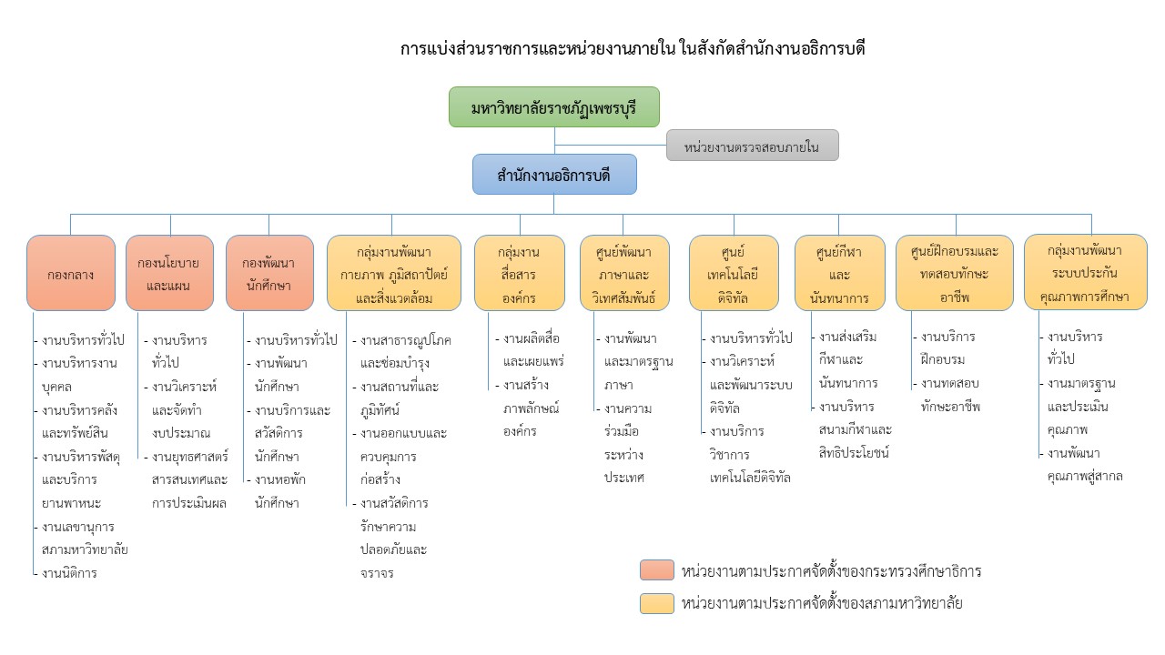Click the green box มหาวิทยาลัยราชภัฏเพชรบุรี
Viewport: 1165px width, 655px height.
tap(554, 107)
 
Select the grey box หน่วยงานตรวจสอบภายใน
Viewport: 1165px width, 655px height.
tap(752, 146)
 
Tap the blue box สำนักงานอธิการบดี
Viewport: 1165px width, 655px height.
tap(554, 175)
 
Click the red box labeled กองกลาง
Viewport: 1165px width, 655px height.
tap(71, 273)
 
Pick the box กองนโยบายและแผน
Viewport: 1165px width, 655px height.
tap(169, 273)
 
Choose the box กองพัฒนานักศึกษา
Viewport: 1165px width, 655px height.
tap(269, 273)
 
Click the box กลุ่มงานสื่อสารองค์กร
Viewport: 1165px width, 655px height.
tap(520, 273)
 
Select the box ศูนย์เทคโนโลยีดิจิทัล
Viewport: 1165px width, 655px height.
tap(734, 273)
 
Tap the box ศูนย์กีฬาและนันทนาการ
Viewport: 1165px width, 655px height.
tap(839, 273)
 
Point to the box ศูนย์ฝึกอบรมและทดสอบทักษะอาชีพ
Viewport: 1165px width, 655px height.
tap(955, 273)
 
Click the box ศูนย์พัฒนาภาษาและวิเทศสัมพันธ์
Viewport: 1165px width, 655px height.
tap(624, 273)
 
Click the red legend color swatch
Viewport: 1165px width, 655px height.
tap(657, 570)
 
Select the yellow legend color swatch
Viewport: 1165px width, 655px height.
tap(657, 603)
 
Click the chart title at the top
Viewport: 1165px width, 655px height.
tap(633, 49)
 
